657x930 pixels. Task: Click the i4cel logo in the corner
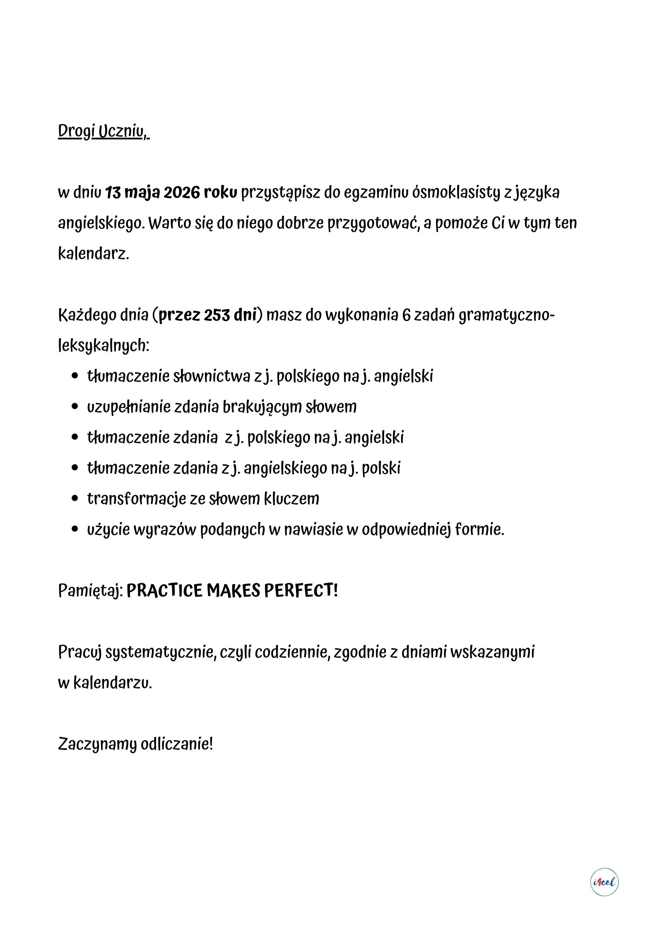click(x=604, y=882)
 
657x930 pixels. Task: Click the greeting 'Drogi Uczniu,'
click(x=103, y=131)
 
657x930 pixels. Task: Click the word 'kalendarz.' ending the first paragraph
click(x=94, y=254)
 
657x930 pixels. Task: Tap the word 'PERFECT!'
click(x=301, y=591)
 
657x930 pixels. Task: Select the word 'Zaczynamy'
click(x=97, y=744)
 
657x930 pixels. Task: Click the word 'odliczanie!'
click(x=177, y=744)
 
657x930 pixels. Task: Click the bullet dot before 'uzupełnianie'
click(x=75, y=407)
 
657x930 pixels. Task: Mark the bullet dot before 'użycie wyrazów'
click(x=75, y=529)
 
